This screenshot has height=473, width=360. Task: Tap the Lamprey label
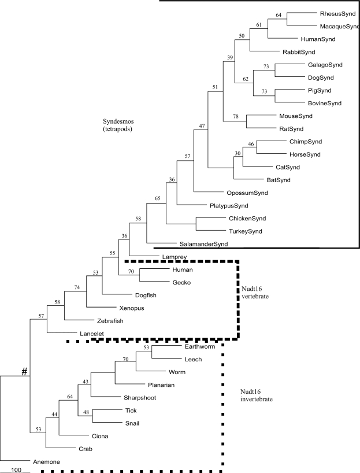[x=166, y=256]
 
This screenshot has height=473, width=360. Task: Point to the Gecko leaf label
[x=181, y=282]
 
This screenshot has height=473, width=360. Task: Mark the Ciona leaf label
[x=102, y=435]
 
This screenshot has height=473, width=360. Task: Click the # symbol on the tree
[x=24, y=371]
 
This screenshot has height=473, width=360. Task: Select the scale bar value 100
[x=16, y=470]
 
